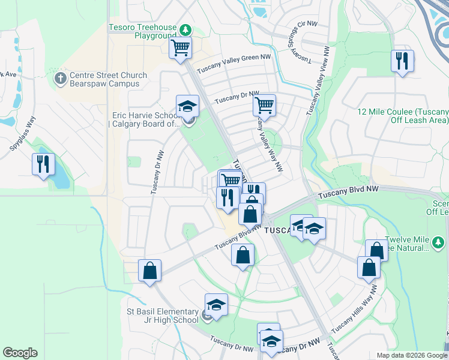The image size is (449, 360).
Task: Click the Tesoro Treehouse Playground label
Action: pos(142,31)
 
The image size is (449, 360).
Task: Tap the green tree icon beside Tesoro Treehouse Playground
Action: pos(186,29)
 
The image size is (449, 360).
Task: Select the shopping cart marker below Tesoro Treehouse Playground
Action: pos(180,47)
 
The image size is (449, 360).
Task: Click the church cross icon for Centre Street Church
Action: pos(60,78)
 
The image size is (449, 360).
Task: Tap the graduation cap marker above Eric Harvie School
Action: pos(187,106)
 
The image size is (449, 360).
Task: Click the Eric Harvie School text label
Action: pos(145,119)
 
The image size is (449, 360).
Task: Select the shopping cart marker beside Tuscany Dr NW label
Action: pos(264,106)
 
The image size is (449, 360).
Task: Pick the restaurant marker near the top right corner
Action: pos(402,61)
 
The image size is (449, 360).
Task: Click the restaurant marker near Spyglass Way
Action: pos(43,164)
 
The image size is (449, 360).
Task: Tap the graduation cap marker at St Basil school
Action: pos(216,304)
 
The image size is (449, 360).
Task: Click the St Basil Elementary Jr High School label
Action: pos(163,316)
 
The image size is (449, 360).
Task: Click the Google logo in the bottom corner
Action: pos(20,353)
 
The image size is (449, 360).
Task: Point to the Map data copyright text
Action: pos(412,355)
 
